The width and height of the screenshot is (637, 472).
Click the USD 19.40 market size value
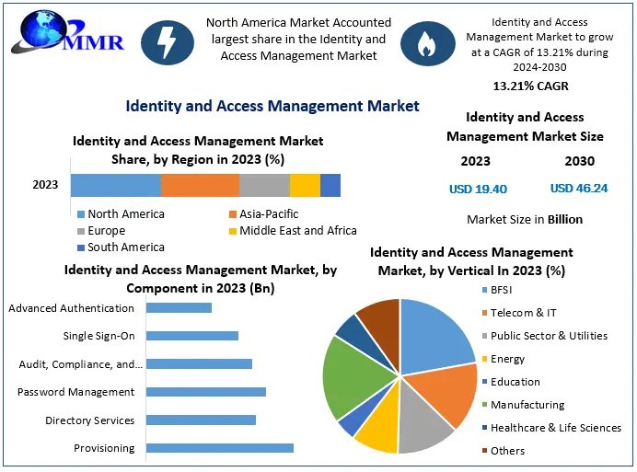point(478,189)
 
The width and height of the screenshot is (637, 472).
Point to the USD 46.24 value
point(578,189)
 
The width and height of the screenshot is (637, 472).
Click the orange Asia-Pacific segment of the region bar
point(200,185)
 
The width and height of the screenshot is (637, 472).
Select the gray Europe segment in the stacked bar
point(264,185)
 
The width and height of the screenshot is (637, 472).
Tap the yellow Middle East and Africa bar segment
point(305,185)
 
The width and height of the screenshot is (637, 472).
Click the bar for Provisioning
point(220,448)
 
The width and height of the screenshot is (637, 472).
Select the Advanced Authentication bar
point(179,308)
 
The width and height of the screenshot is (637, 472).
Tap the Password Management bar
point(206,392)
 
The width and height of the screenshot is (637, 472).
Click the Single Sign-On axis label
point(98,336)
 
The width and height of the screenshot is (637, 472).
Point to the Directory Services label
point(90,420)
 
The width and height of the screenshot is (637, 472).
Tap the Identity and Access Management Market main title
point(272,106)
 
